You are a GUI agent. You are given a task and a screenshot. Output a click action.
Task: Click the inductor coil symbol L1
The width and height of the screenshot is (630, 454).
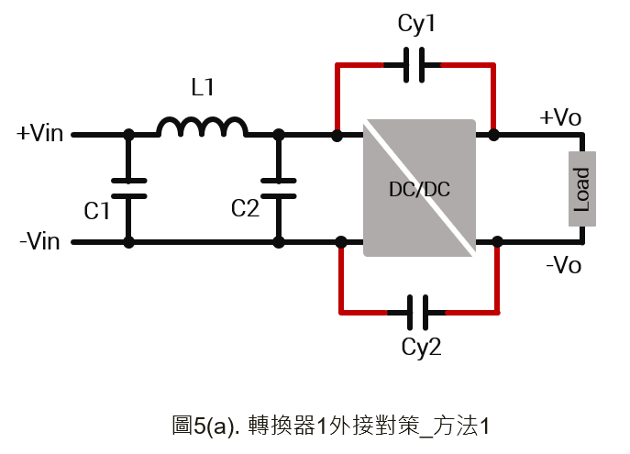[x=202, y=127]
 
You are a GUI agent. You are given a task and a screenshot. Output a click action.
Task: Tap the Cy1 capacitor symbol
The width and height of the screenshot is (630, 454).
[x=414, y=65]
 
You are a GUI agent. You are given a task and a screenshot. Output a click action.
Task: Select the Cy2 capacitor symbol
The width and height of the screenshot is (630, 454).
[x=418, y=313]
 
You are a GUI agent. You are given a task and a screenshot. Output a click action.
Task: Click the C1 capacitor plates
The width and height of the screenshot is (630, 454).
[x=128, y=188]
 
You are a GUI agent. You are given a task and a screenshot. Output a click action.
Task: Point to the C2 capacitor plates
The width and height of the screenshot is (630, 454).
[x=279, y=188]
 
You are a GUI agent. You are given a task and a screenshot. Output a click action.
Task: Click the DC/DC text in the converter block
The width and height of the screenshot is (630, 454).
[x=419, y=189]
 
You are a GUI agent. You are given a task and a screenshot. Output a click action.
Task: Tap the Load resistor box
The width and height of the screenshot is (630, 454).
[x=582, y=189]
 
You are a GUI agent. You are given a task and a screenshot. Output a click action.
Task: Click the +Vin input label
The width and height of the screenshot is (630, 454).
[x=39, y=133]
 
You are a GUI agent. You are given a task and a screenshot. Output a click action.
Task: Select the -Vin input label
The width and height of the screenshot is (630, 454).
[x=39, y=241]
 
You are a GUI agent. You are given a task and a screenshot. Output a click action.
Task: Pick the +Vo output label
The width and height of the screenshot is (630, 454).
[x=560, y=117]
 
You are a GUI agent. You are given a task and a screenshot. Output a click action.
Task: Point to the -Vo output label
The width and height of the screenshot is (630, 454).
[x=564, y=265]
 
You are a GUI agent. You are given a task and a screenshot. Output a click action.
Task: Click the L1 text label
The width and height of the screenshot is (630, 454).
[x=203, y=87]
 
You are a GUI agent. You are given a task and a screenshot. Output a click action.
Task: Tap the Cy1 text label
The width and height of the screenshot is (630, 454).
[x=416, y=24]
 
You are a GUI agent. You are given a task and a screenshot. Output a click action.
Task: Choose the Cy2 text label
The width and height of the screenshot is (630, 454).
[x=421, y=348]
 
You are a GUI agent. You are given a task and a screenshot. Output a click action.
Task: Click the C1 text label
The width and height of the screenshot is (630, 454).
[x=97, y=211]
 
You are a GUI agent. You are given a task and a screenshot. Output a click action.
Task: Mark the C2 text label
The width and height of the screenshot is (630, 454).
[x=246, y=208]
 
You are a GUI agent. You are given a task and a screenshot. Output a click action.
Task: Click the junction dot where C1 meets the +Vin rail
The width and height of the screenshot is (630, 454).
[x=128, y=135]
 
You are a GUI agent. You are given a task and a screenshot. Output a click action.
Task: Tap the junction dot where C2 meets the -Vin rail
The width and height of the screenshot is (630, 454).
[x=279, y=242]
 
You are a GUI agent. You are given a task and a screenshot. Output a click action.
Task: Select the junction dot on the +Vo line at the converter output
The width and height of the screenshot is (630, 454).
[x=493, y=135]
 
